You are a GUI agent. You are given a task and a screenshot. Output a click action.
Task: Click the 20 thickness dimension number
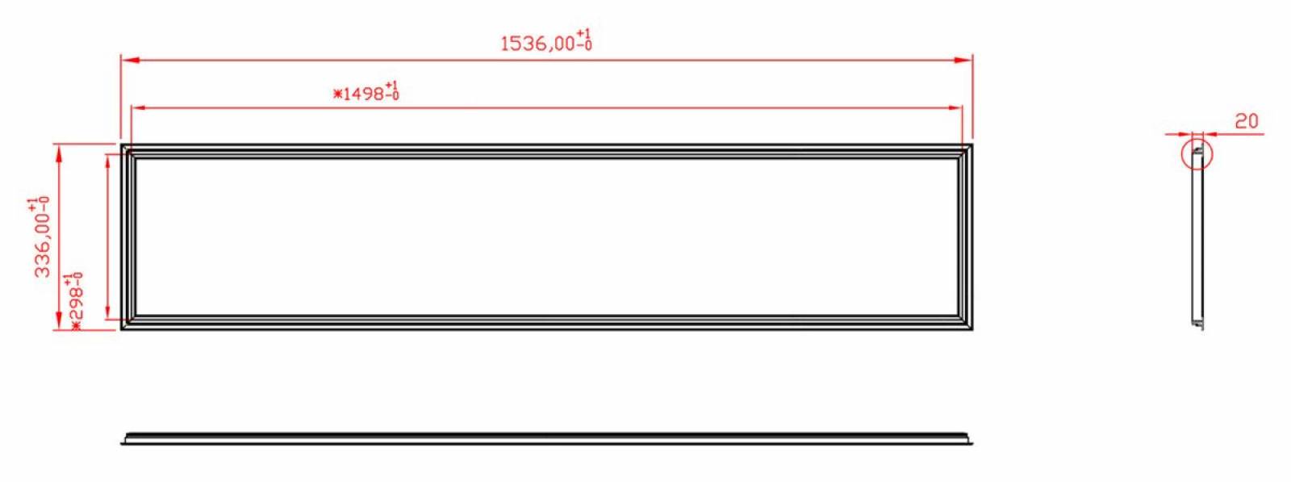click(x=1246, y=121)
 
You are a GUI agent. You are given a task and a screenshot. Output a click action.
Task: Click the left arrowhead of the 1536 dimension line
click(x=130, y=60)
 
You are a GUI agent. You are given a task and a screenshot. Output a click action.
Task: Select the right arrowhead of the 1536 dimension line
click(x=963, y=60)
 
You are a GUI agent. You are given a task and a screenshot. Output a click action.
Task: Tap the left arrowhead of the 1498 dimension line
click(x=140, y=107)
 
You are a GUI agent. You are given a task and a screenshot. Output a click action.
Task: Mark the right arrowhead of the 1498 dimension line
click(x=953, y=107)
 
